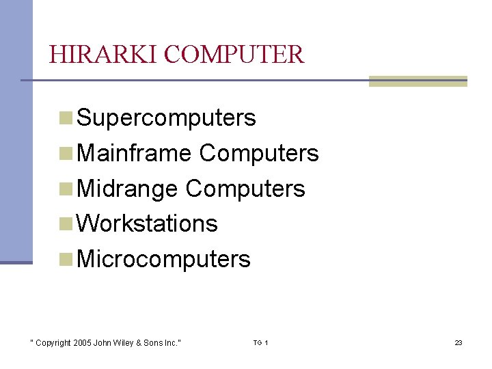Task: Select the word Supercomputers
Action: click(167, 118)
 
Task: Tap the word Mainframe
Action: click(135, 153)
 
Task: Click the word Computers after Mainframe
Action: click(259, 153)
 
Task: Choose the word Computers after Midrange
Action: click(245, 189)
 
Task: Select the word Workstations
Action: click(148, 223)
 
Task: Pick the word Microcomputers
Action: click(164, 260)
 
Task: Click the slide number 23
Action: click(459, 342)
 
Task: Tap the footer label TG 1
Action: click(260, 342)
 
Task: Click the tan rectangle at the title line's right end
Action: click(418, 81)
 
